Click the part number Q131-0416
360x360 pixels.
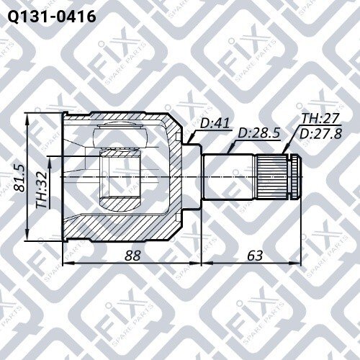52,17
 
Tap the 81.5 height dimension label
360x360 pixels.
19,178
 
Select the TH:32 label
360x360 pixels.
41,189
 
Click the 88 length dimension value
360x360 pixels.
132,256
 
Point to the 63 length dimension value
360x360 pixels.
255,256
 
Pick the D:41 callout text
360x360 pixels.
215,124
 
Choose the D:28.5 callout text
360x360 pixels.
259,132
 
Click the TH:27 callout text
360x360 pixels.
320,118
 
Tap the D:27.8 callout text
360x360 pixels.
320,134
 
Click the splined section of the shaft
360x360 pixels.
272,177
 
